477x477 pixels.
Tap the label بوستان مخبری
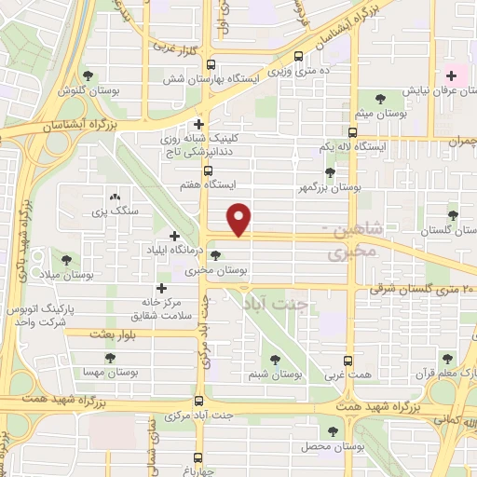point(217,270)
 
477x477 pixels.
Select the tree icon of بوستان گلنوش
point(89,75)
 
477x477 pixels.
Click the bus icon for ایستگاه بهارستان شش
point(211,65)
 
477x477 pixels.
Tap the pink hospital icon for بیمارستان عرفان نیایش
point(453,75)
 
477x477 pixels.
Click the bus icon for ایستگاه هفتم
point(208,171)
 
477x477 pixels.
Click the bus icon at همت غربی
point(348,361)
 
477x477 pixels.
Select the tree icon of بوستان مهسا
point(110,357)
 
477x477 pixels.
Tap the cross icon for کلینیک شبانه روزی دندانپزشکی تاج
point(198,124)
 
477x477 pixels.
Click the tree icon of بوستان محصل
point(333,430)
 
